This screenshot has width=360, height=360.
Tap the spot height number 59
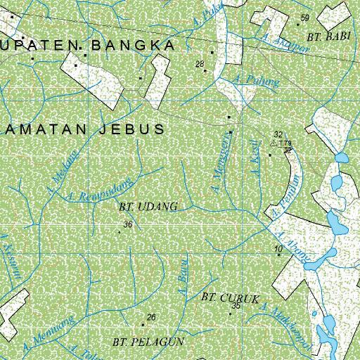tap(304, 18)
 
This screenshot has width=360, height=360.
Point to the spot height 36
tap(127, 225)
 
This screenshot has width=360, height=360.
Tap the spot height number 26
tap(150, 317)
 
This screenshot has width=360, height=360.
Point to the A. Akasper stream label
tap(275, 45)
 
